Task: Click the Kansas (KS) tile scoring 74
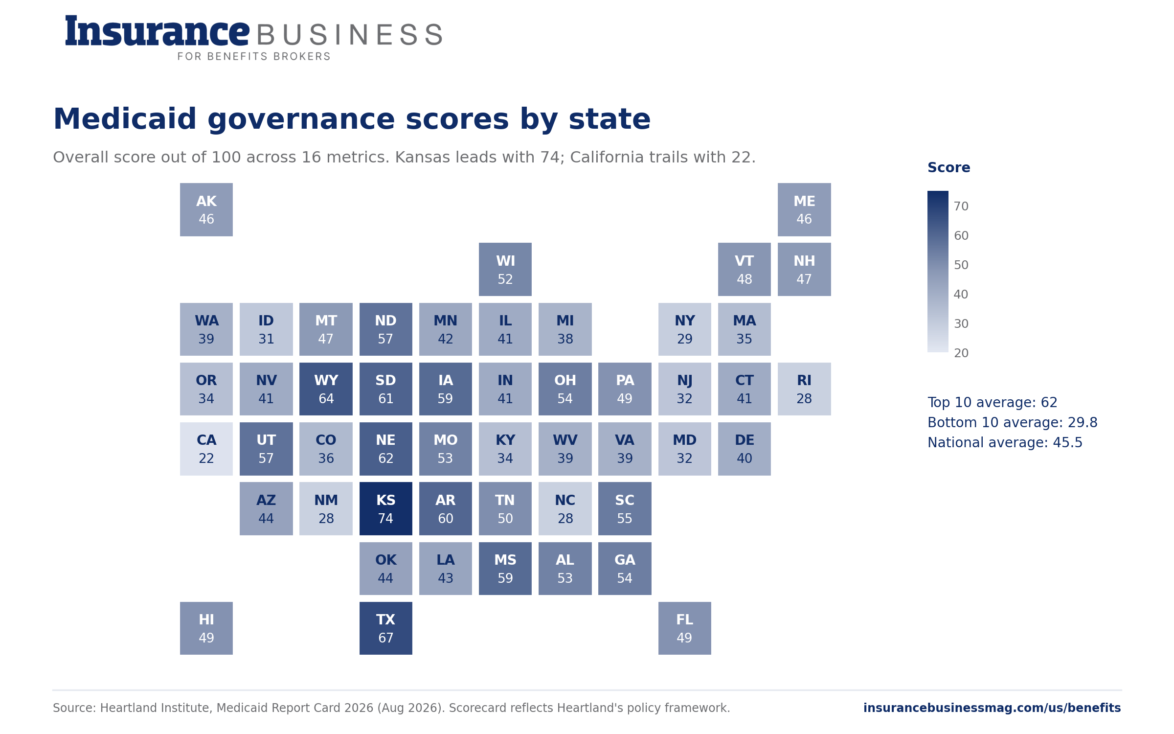(x=386, y=508)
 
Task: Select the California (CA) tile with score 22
(x=206, y=449)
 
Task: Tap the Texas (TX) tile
(x=386, y=628)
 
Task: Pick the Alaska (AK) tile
(x=206, y=209)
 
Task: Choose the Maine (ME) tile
(x=804, y=209)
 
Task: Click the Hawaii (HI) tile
(x=206, y=628)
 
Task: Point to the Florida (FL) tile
(x=685, y=628)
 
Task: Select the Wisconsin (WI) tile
(x=505, y=269)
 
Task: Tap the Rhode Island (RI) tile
(x=804, y=389)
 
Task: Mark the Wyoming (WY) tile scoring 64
(x=326, y=389)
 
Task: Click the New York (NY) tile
(x=685, y=329)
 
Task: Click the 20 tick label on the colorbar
(x=961, y=353)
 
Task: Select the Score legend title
(x=949, y=167)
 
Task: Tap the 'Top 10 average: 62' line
(x=993, y=402)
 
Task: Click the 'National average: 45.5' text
(x=1005, y=442)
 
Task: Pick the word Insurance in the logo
(x=158, y=31)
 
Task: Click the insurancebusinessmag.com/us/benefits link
(x=992, y=708)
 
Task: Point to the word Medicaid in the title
(x=125, y=119)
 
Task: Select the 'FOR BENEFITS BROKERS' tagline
(x=254, y=56)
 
